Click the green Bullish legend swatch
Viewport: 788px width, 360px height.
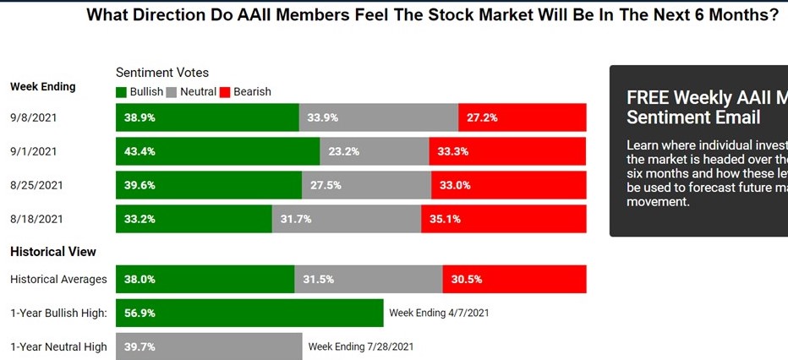[122, 91]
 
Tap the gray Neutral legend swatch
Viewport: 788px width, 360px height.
[172, 91]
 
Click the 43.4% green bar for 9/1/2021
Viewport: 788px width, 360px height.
[217, 152]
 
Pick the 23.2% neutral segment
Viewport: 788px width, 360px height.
[375, 152]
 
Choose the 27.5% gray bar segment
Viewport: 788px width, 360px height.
[366, 185]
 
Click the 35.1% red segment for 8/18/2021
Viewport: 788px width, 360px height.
[503, 219]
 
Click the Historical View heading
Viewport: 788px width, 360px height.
[52, 252]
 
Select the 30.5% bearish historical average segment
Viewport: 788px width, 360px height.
[514, 279]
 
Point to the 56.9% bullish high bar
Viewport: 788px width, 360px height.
[249, 313]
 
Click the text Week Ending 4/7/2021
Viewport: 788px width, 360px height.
[439, 313]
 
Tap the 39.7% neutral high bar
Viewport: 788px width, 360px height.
[209, 346]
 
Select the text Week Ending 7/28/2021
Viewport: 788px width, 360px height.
[361, 346]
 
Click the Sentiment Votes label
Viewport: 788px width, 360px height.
[162, 73]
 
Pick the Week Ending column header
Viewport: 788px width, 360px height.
[42, 86]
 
